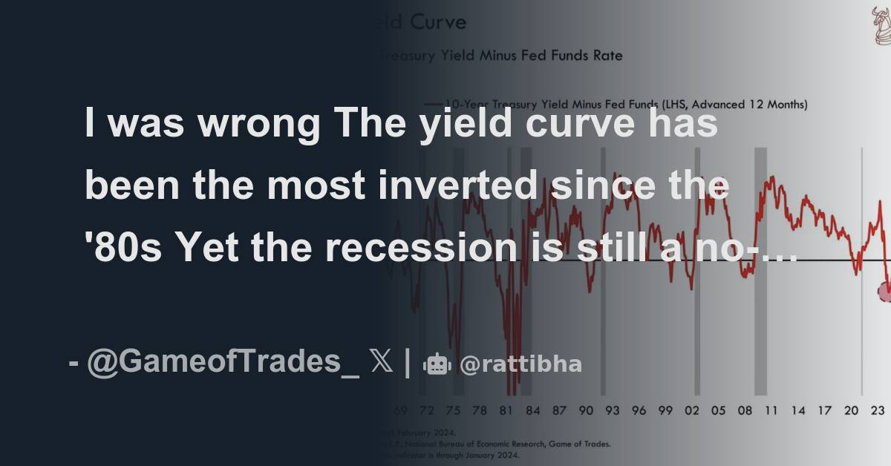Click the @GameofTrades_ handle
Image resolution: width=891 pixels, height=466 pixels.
click(x=223, y=364)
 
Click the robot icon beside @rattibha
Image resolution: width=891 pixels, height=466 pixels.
click(x=437, y=364)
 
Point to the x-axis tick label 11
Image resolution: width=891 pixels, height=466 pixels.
click(x=771, y=410)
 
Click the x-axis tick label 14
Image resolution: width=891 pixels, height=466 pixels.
click(x=798, y=410)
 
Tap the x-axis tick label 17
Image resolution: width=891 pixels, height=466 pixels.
click(x=824, y=410)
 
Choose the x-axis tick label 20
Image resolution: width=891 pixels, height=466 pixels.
click(x=851, y=410)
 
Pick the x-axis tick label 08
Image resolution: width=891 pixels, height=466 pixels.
click(x=745, y=410)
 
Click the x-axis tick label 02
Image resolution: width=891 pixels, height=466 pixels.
click(x=692, y=410)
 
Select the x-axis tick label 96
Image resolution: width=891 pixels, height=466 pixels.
click(x=639, y=410)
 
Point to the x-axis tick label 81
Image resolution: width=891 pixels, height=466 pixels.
click(x=506, y=410)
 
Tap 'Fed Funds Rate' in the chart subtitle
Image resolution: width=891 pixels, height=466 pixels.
click(x=572, y=56)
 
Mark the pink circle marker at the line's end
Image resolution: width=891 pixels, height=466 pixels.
click(x=884, y=291)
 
